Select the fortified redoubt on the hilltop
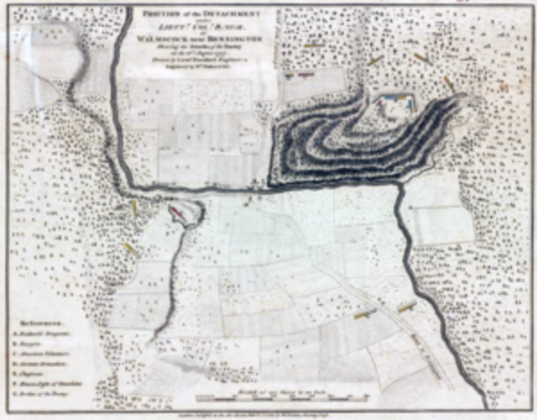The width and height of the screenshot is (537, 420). point(392,105)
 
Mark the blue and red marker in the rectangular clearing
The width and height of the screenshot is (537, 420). point(300,75)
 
